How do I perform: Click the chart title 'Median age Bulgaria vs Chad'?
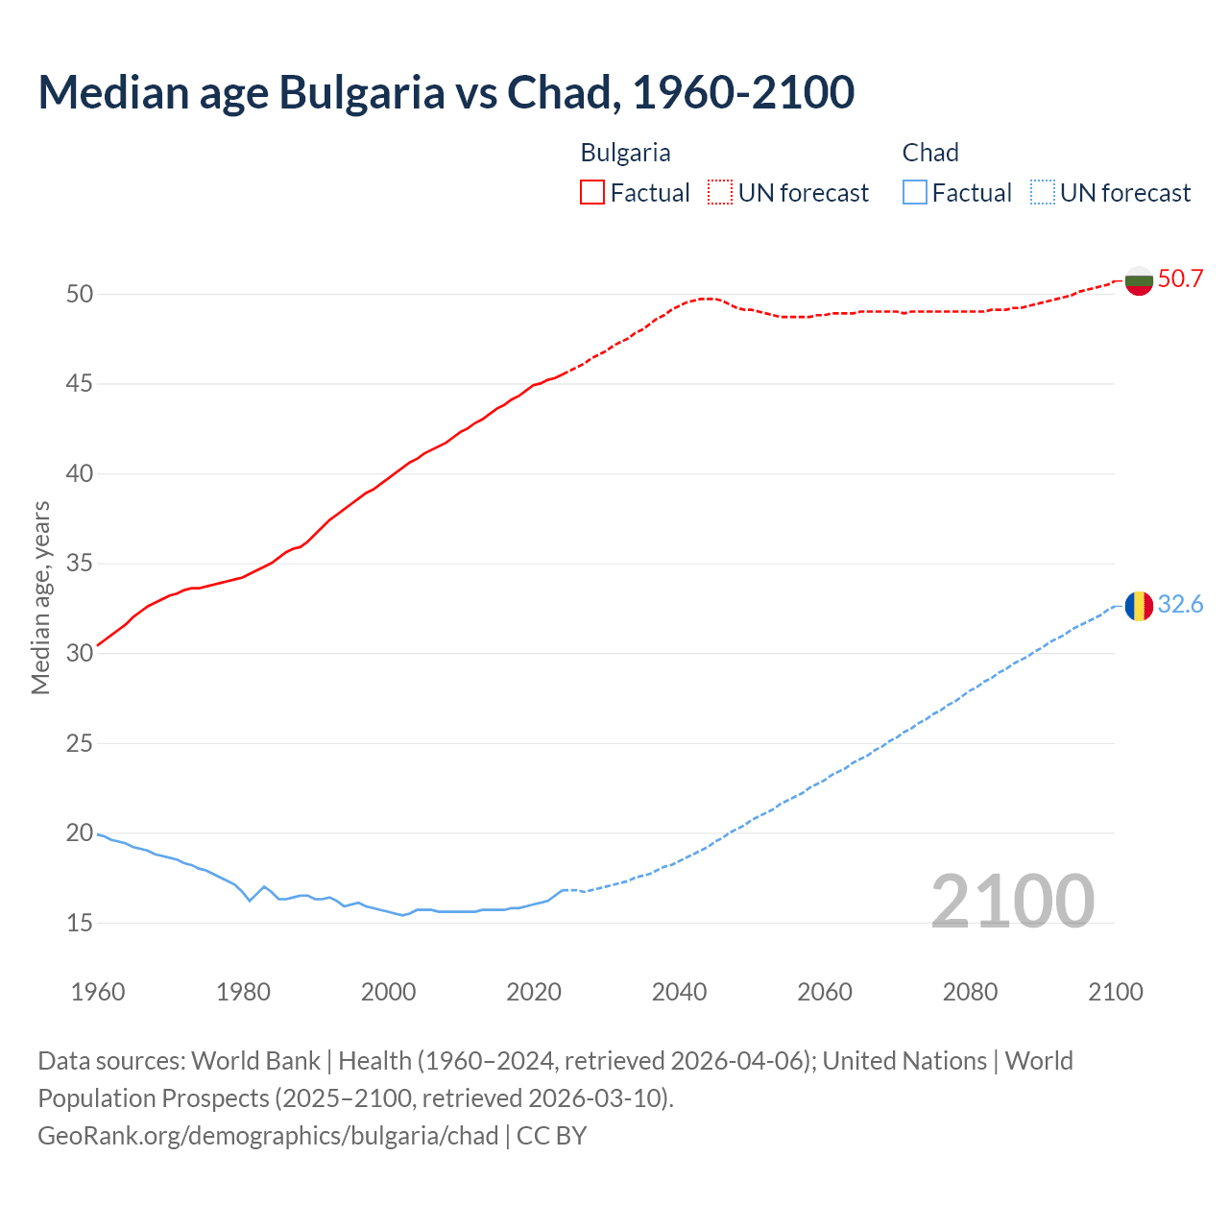pyautogui.click(x=446, y=93)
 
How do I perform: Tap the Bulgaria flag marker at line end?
pyautogui.click(x=1139, y=280)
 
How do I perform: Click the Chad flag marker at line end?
pyautogui.click(x=1139, y=606)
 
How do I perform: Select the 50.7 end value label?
pyautogui.click(x=1180, y=279)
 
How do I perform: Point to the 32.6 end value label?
pyautogui.click(x=1180, y=605)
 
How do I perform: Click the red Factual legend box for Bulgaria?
pyautogui.click(x=592, y=193)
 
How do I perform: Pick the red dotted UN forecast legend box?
pyautogui.click(x=720, y=193)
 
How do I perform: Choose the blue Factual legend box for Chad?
pyautogui.click(x=914, y=193)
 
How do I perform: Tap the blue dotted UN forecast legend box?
pyautogui.click(x=1042, y=193)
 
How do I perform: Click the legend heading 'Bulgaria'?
pyautogui.click(x=625, y=153)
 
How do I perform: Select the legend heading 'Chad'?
pyautogui.click(x=929, y=153)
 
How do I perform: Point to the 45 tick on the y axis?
pyautogui.click(x=80, y=384)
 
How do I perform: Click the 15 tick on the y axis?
pyautogui.click(x=80, y=923)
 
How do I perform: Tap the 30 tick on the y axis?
pyautogui.click(x=80, y=653)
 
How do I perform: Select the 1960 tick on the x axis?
pyautogui.click(x=98, y=992)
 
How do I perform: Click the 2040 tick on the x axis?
pyautogui.click(x=679, y=992)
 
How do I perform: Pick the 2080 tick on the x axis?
pyautogui.click(x=970, y=992)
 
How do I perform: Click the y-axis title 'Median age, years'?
pyautogui.click(x=40, y=597)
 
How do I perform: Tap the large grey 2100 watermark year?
pyautogui.click(x=1012, y=902)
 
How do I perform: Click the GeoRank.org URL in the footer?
pyautogui.click(x=268, y=1136)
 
